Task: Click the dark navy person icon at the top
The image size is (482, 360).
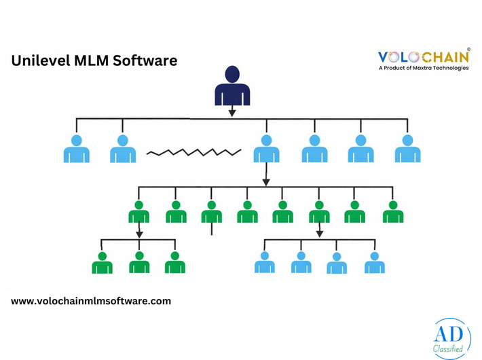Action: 232,86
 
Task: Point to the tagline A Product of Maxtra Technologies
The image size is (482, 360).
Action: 423,69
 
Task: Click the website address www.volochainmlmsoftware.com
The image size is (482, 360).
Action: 91,300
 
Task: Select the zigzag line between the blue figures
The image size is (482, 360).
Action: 194,151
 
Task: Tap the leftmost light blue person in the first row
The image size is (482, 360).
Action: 76,149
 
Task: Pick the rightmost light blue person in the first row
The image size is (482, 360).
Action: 407,149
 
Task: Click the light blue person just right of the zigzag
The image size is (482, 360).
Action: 266,149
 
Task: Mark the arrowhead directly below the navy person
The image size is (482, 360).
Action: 232,113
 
